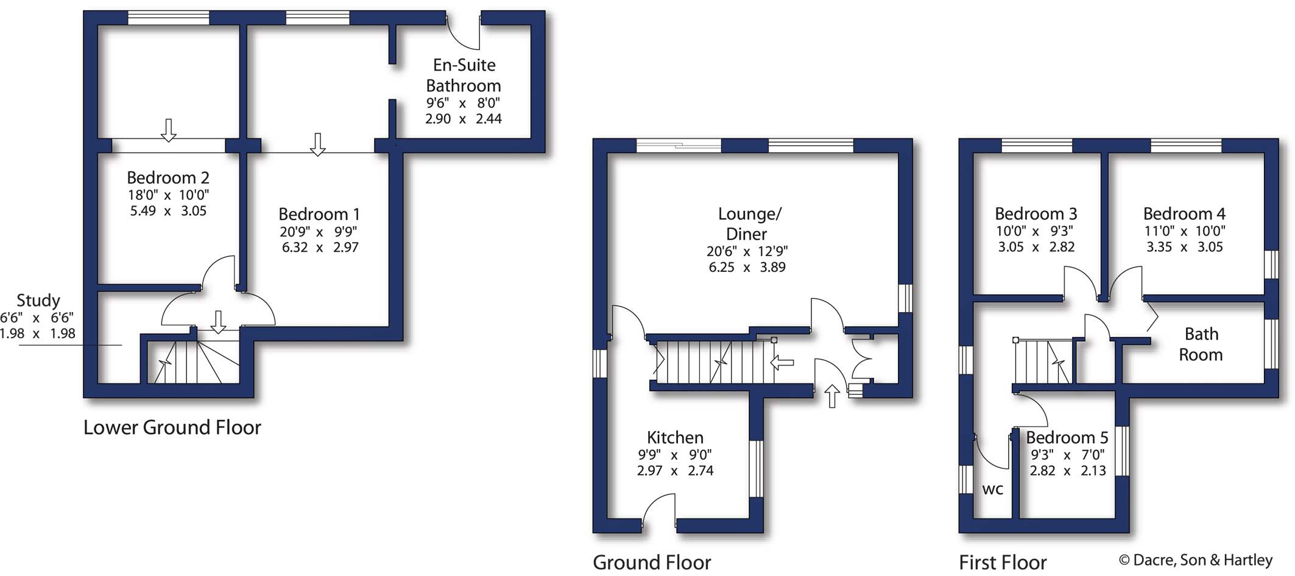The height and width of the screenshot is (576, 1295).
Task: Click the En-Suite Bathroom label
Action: tap(464, 75)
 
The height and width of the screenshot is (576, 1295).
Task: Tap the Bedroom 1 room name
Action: tap(319, 215)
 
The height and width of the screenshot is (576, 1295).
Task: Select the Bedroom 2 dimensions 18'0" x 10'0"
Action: tap(168, 195)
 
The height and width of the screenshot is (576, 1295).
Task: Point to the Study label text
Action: tap(38, 300)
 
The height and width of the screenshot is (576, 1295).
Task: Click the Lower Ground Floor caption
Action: tap(172, 428)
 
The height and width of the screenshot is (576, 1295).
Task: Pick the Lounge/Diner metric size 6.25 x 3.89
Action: tap(747, 267)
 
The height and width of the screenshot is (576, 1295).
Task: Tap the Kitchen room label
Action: tap(675, 438)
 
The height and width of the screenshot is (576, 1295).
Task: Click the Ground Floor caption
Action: tap(652, 562)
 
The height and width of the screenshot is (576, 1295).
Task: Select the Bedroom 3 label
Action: tap(1036, 214)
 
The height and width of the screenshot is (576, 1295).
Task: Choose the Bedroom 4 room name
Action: tap(1184, 214)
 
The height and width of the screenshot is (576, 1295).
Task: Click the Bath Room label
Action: tap(1201, 344)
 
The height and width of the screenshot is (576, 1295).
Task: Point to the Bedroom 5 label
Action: tap(1067, 438)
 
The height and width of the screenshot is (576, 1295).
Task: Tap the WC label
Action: tap(992, 489)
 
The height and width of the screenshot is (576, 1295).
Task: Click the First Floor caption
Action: tap(1003, 562)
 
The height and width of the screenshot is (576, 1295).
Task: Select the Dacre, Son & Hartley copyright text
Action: tap(1195, 560)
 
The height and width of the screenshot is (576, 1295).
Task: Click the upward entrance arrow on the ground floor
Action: tap(832, 396)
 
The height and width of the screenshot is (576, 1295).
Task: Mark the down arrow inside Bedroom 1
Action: tap(317, 144)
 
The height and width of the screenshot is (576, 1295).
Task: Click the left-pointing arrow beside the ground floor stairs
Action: tap(782, 363)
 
